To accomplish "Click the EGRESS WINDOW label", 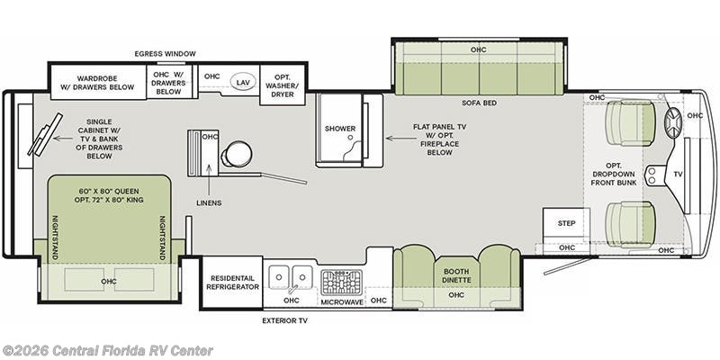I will coord(166,54).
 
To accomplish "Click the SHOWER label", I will coord(340,129).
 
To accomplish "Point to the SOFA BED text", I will coord(478,103).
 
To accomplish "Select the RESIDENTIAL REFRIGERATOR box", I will coord(230,281).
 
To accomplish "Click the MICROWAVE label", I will coord(341,301).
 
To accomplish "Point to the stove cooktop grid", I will coord(341,280).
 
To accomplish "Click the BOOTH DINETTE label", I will coord(457,274).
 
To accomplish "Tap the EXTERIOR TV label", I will coord(285,319).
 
